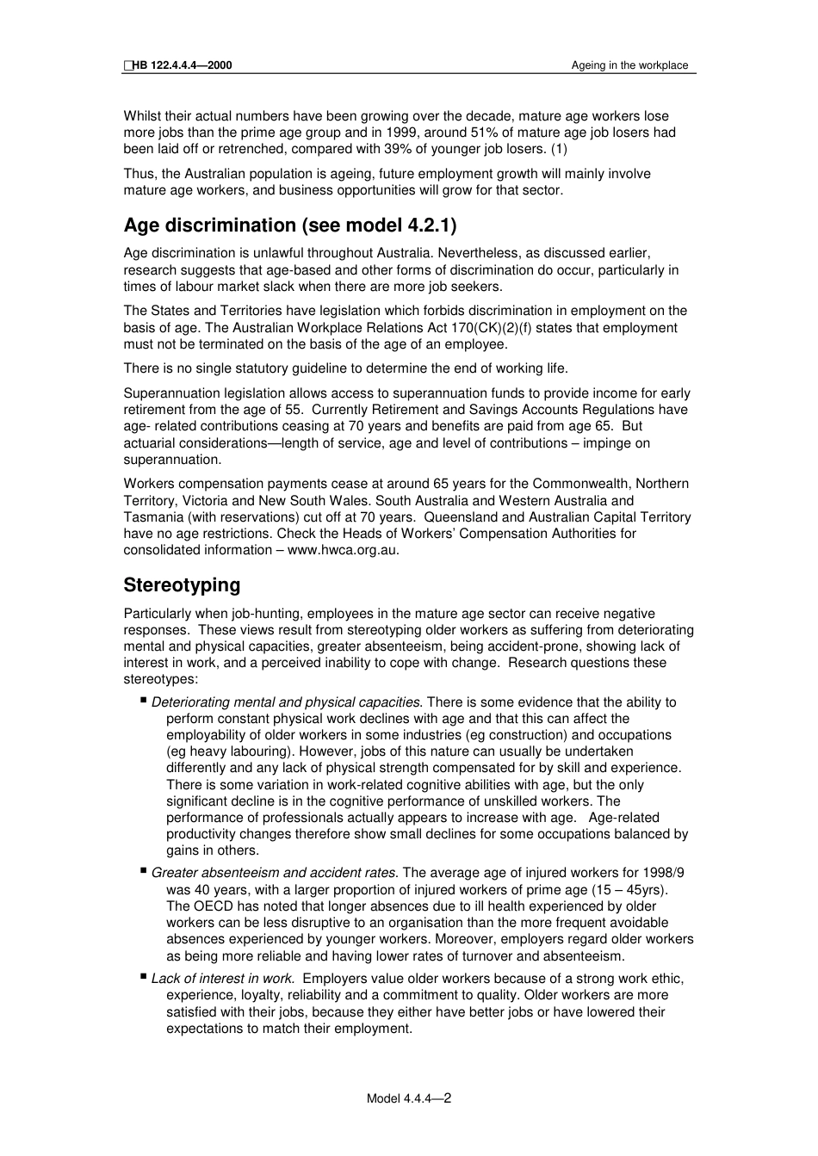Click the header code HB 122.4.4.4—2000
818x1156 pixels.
point(182,65)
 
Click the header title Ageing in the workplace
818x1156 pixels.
point(629,65)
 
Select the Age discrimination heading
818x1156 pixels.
point(290,226)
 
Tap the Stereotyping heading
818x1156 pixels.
point(182,585)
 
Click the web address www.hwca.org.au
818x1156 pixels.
point(343,550)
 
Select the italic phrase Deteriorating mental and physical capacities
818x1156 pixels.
point(287,702)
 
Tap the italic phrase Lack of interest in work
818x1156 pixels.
point(224,979)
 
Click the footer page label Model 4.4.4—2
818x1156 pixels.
point(409,1098)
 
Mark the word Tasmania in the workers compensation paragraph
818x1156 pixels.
point(151,517)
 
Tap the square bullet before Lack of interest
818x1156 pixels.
point(143,976)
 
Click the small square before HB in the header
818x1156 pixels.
point(127,65)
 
